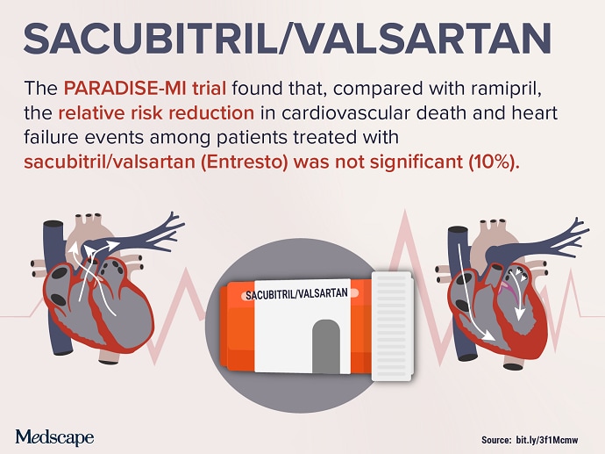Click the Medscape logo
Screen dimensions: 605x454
(54, 437)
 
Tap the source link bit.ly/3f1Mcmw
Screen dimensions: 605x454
(547, 440)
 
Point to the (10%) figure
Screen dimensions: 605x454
(494, 162)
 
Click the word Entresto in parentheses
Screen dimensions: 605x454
(245, 162)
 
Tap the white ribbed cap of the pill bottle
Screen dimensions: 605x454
(393, 326)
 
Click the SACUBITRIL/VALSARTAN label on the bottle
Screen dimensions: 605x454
(296, 294)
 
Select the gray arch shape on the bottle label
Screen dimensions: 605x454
(326, 346)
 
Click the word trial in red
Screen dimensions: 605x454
(210, 89)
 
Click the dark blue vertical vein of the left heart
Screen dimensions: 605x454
(54, 287)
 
